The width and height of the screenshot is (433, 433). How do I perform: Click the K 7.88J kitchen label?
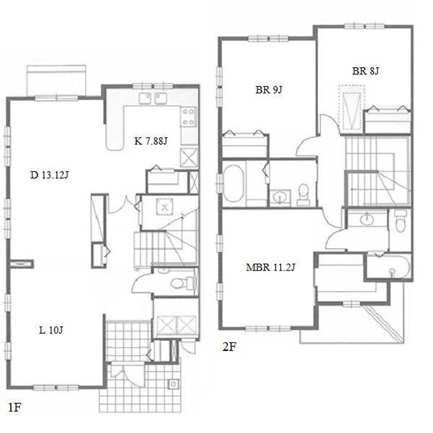click(x=151, y=141)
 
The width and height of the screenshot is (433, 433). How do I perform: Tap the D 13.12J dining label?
click(x=49, y=175)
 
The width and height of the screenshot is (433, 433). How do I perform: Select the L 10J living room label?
click(x=51, y=330)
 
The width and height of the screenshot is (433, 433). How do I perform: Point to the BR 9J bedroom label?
click(x=269, y=90)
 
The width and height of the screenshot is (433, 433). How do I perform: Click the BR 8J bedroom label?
click(x=365, y=71)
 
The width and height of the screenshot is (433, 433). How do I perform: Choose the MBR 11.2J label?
click(x=271, y=267)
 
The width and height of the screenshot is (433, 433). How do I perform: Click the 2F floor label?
click(x=230, y=347)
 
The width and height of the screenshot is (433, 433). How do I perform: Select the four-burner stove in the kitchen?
click(x=189, y=117)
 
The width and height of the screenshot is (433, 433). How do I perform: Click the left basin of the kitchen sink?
click(x=145, y=99)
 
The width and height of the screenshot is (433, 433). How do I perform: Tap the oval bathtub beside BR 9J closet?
click(x=233, y=184)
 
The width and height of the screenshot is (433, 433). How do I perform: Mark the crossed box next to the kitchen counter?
click(x=189, y=157)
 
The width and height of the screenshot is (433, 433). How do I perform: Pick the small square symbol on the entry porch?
click(x=173, y=384)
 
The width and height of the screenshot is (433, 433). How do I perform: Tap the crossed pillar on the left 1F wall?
click(x=22, y=264)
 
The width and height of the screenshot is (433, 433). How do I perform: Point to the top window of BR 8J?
click(x=364, y=27)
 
